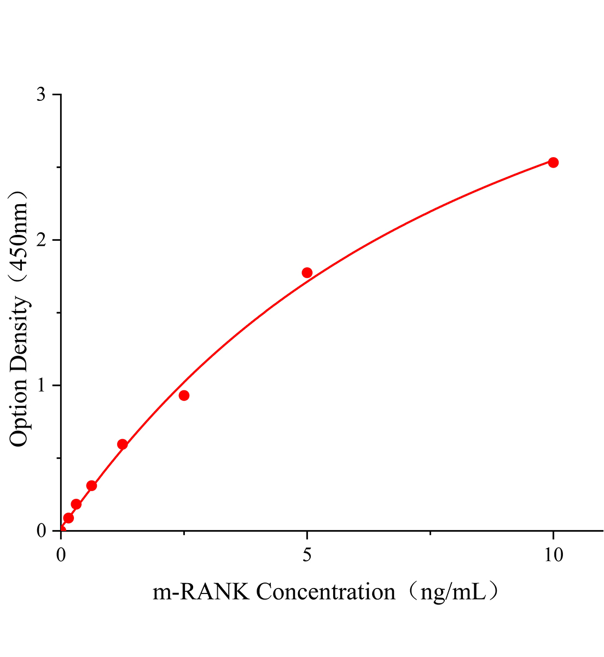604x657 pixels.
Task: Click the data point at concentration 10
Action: (x=553, y=162)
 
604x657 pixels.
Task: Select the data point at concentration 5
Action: (x=307, y=273)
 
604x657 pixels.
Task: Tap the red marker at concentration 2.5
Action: (x=184, y=395)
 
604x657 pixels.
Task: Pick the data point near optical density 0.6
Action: (x=123, y=444)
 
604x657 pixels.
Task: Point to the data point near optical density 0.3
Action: (x=92, y=486)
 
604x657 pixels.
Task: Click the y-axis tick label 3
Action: (x=42, y=95)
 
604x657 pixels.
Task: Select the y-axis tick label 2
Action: (x=42, y=240)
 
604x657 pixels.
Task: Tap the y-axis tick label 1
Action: (x=42, y=385)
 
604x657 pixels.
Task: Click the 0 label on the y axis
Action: (x=42, y=531)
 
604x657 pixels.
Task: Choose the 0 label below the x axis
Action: (x=61, y=555)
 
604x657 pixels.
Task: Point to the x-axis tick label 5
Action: (x=307, y=555)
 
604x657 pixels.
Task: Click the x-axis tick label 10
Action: (x=553, y=555)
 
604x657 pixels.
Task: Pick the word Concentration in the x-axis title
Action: (x=326, y=592)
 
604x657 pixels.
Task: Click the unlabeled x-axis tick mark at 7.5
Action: (x=430, y=533)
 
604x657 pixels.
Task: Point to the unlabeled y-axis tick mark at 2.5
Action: (x=59, y=168)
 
